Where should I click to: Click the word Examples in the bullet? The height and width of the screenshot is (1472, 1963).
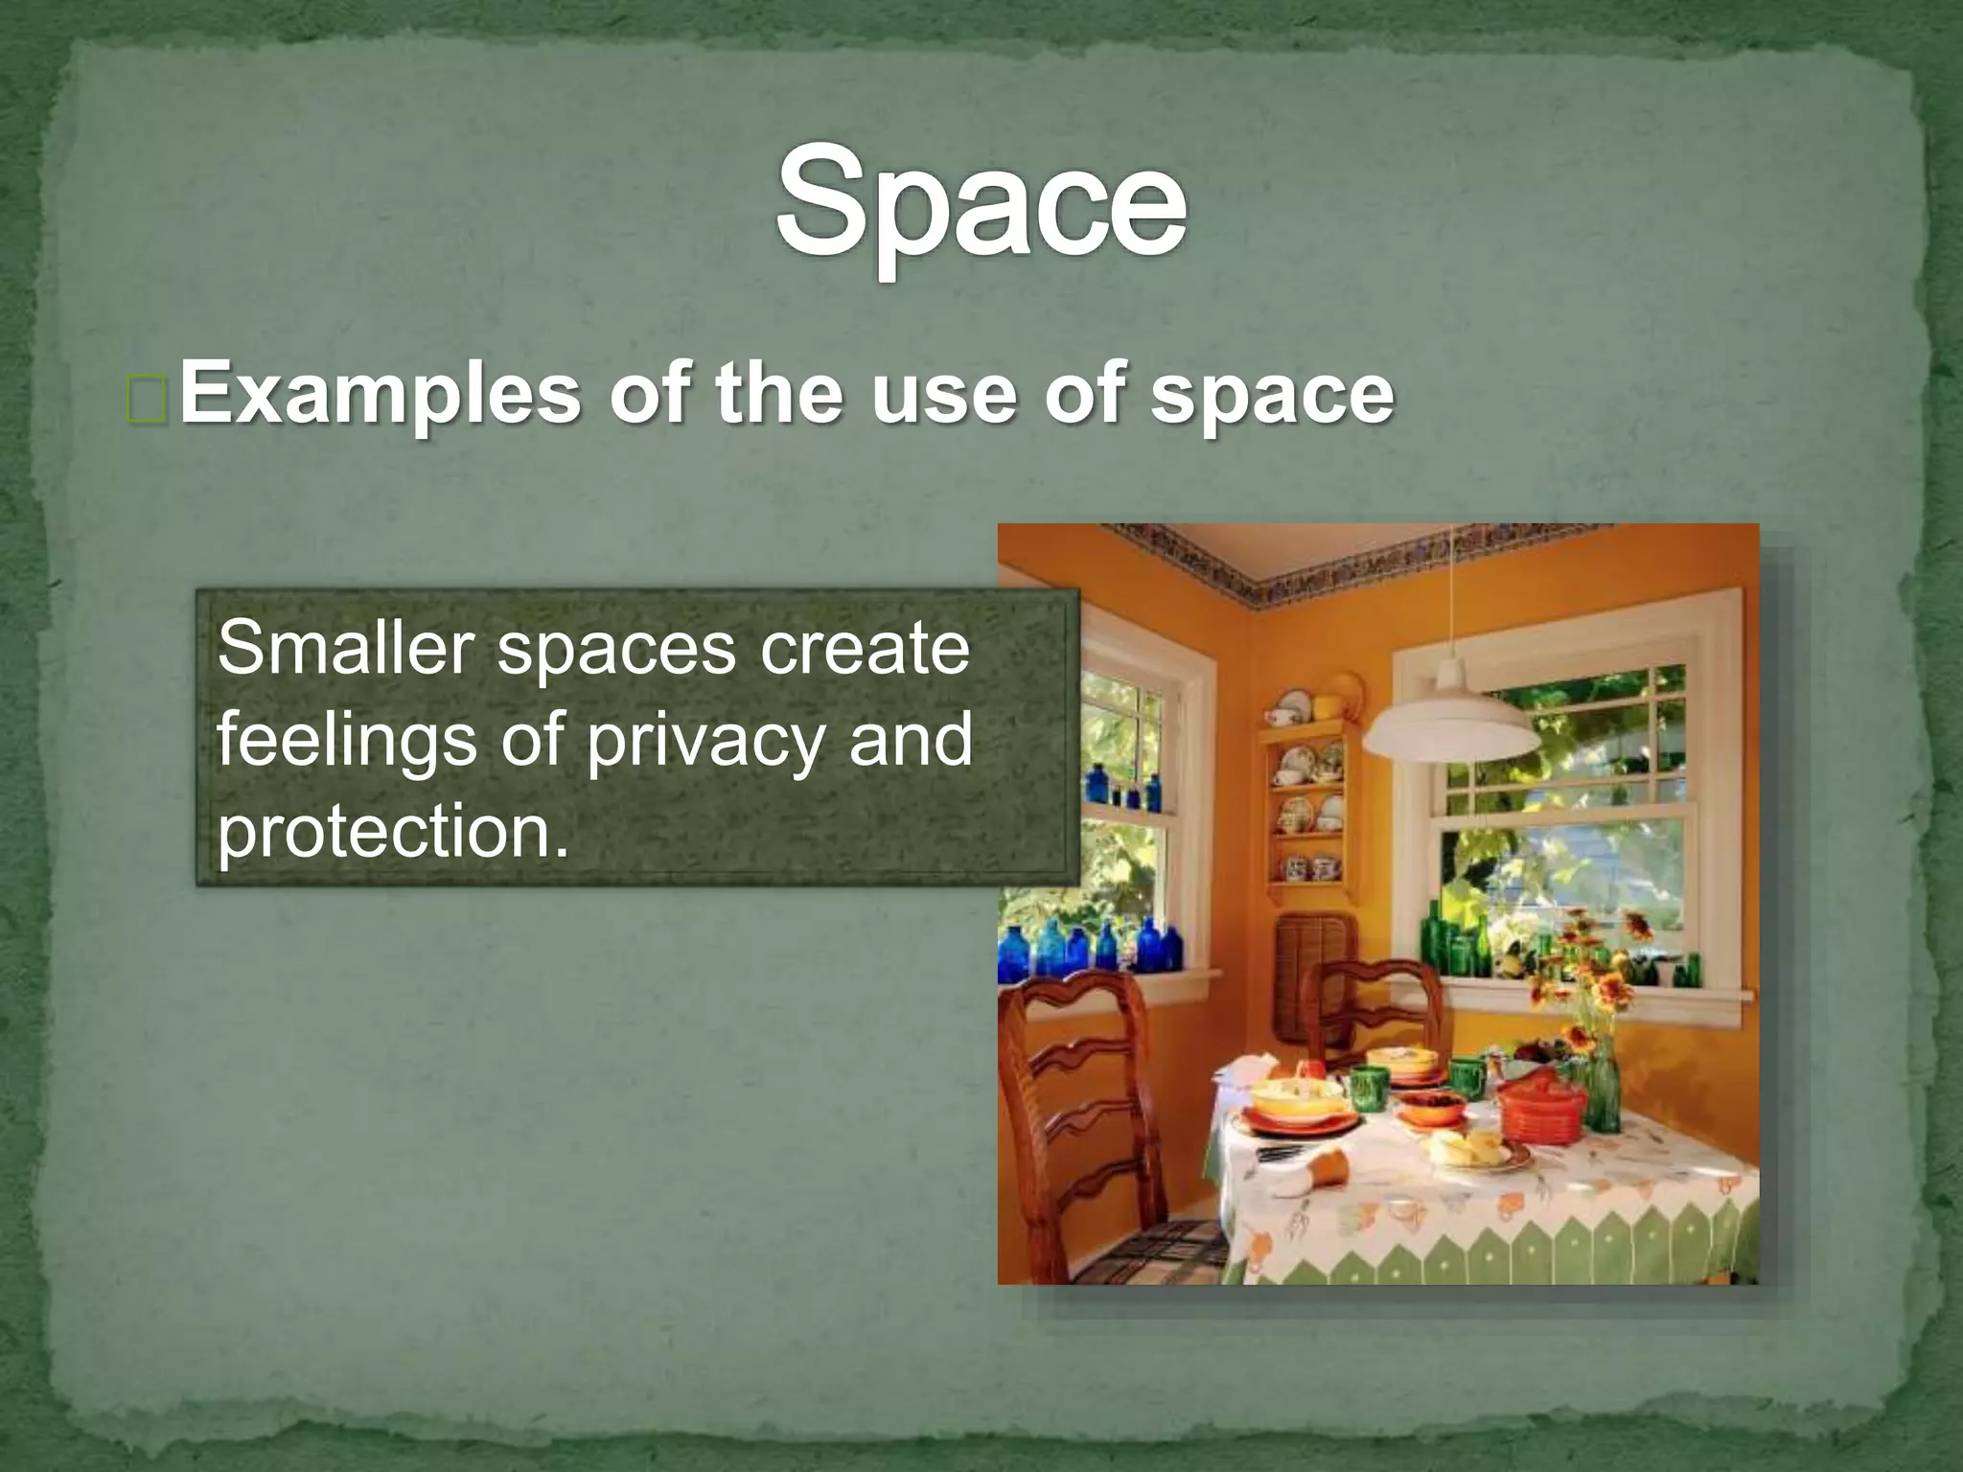380,395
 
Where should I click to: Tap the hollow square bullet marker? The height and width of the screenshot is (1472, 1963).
148,400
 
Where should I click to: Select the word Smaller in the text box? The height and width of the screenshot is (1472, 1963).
346,649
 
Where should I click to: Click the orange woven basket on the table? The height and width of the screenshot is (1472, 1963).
1540,1112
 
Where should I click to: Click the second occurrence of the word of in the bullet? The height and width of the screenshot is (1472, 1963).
1085,395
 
